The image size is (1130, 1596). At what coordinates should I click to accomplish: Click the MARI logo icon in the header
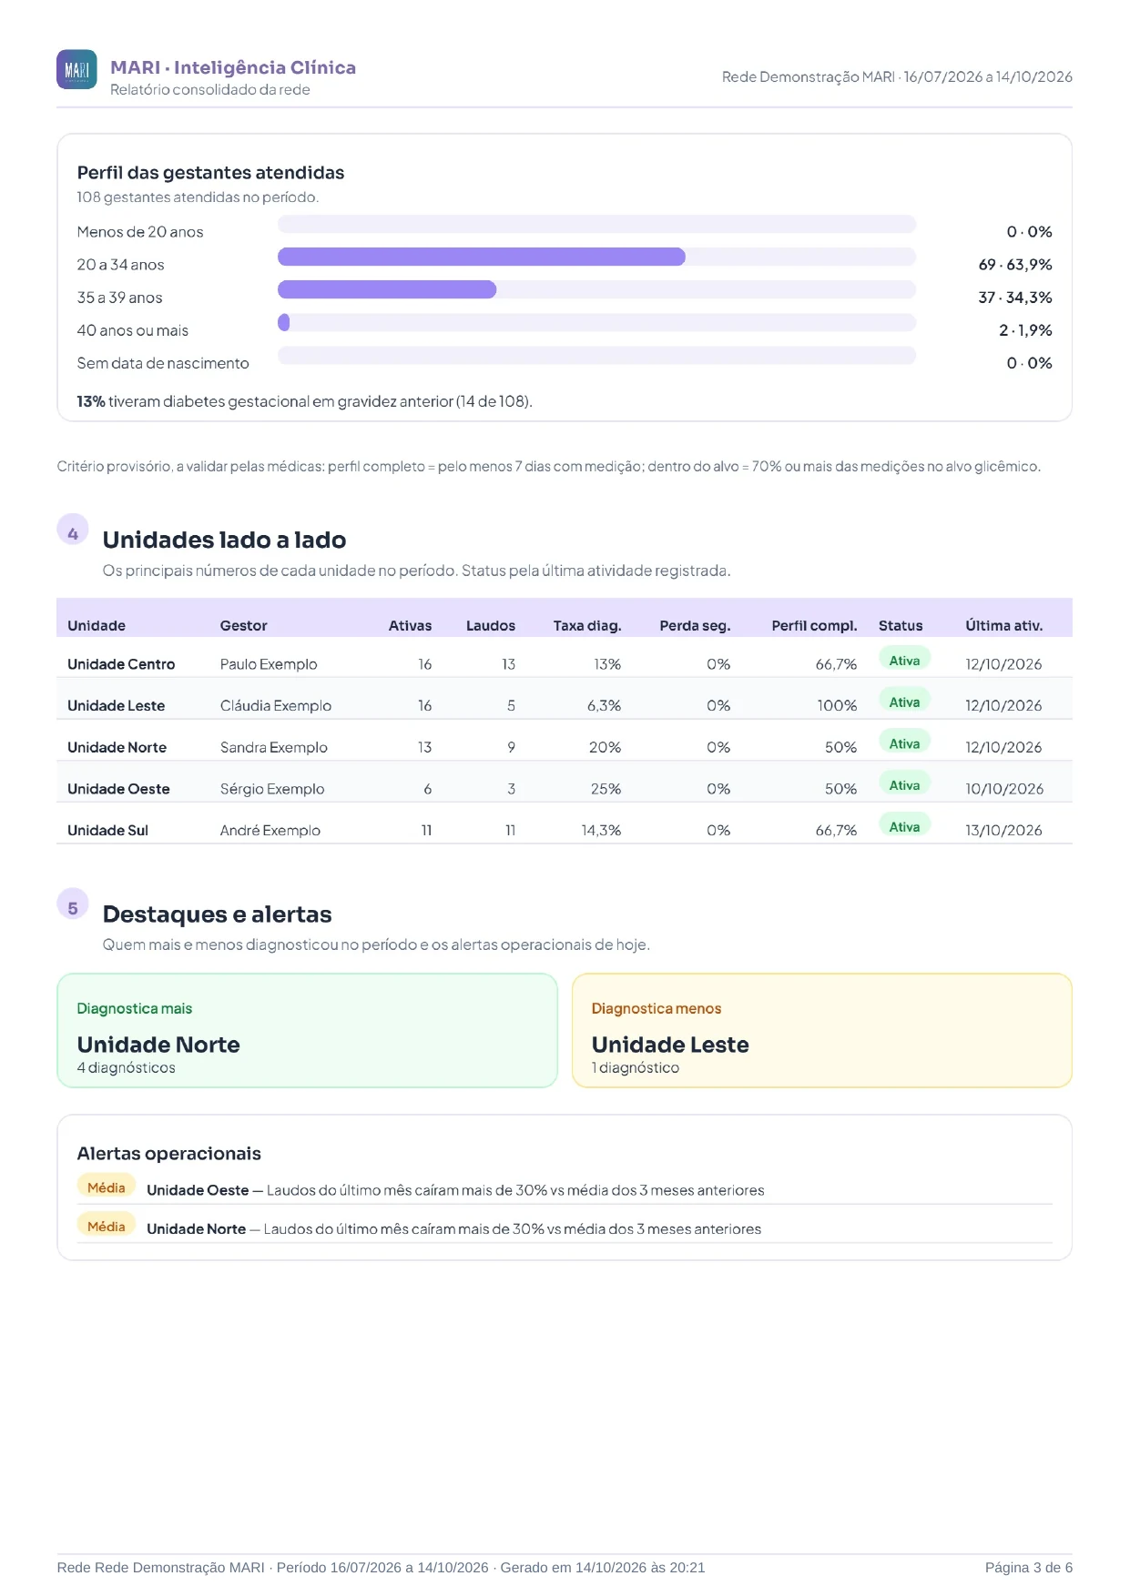coord(76,69)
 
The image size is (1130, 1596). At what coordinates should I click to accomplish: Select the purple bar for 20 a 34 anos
coord(481,257)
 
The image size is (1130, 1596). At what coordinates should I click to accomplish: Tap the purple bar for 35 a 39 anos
coord(387,289)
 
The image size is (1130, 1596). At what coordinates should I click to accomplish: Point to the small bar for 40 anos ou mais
coord(284,322)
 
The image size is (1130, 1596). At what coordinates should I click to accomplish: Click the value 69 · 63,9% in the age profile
coord(1015,265)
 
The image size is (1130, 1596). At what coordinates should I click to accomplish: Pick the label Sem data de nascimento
coord(163,363)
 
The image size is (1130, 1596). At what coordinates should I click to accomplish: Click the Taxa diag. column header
coord(587,626)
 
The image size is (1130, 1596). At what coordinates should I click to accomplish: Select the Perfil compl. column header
coord(814,626)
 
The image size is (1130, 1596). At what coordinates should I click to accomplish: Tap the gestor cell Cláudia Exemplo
coord(276,706)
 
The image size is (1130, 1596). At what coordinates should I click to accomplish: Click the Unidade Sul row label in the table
coord(107,831)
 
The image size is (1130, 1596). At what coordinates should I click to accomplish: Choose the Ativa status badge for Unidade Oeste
coord(904,785)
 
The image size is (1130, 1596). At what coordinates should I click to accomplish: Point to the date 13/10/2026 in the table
coord(1003,831)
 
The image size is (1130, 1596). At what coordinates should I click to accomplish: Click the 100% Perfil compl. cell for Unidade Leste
coord(837,706)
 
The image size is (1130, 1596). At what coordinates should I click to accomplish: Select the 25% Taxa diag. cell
coord(606,789)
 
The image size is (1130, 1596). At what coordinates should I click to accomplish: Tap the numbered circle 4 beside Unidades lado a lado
coord(73,533)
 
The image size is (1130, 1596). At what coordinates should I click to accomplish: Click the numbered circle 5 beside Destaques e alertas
coord(73,907)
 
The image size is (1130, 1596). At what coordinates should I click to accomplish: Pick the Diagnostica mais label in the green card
coord(135,1008)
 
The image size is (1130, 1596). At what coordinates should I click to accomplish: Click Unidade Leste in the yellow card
coord(670,1045)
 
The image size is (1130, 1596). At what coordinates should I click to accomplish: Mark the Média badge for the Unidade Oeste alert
coord(107,1187)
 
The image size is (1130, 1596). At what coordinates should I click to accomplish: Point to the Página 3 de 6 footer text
coord(1029,1568)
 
